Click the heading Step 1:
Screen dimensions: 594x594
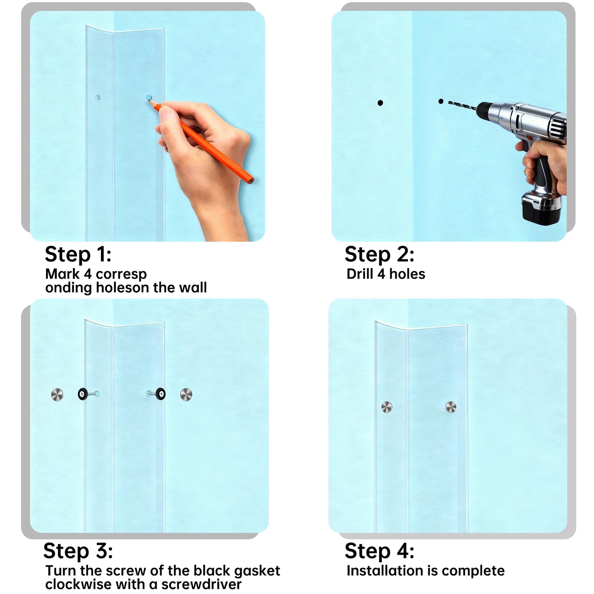coord(78,255)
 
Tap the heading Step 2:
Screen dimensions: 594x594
coord(379,255)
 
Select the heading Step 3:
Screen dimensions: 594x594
coord(78,551)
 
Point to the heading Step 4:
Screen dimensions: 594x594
coord(379,551)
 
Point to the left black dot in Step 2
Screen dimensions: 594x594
coord(380,103)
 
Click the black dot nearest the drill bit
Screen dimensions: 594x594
coord(441,101)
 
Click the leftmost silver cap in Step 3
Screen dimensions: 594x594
coord(57,394)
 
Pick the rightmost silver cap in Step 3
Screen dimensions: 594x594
coord(186,395)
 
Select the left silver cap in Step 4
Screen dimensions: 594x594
coord(387,407)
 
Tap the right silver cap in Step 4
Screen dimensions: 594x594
coord(451,407)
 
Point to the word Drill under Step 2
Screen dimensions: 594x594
coord(360,274)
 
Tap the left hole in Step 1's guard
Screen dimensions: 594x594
coord(98,98)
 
